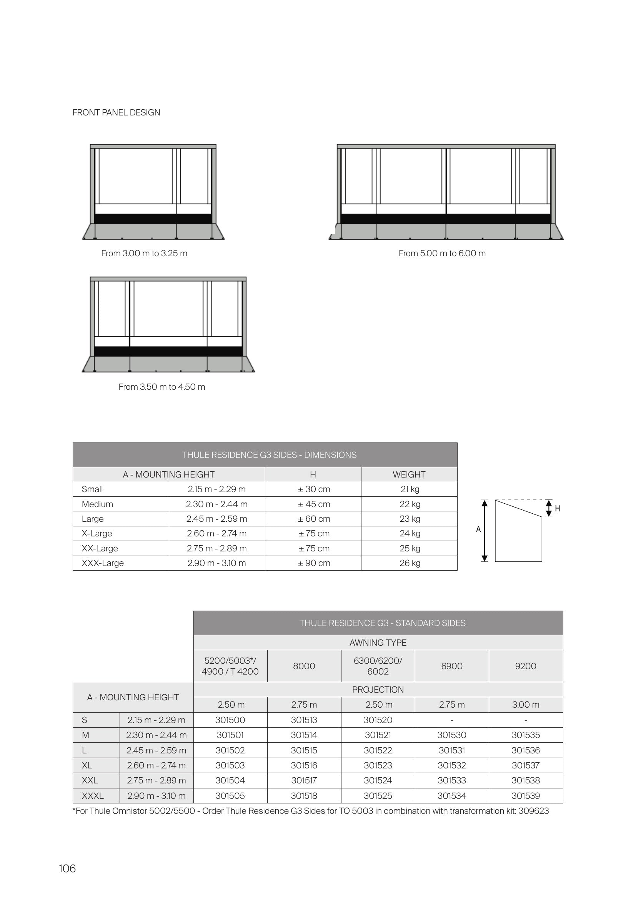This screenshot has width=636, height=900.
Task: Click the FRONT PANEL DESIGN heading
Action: coord(116,112)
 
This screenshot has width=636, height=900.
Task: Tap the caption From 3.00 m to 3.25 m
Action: coord(144,253)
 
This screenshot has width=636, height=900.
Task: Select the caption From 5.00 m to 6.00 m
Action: coord(442,253)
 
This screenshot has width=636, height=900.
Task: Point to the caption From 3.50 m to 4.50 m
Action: coord(162,387)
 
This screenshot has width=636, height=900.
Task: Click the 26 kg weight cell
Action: coord(410,563)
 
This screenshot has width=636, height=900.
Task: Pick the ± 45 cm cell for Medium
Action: coord(314,504)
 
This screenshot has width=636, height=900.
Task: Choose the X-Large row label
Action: coord(97,533)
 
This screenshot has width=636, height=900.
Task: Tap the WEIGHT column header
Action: coord(409,474)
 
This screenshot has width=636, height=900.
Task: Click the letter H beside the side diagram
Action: coord(557,509)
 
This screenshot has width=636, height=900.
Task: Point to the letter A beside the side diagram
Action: coord(478,529)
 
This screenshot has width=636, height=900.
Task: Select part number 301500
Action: coord(230,720)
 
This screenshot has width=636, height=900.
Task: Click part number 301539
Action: coord(526,796)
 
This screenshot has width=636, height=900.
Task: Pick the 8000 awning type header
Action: coord(304,666)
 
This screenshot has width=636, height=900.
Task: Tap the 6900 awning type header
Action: coord(451,666)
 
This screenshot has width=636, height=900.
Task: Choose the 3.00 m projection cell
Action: coord(526,705)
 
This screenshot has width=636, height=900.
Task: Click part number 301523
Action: coord(378,765)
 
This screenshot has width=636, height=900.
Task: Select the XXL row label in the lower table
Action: coord(90,780)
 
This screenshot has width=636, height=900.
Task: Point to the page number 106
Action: coord(67,869)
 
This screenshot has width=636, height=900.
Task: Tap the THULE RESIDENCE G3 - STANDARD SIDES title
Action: coord(382,623)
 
